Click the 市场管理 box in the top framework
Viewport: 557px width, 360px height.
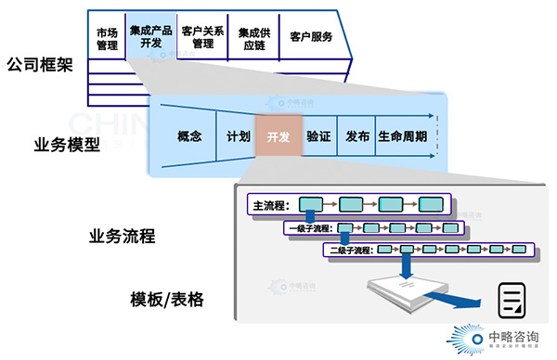(x=107, y=36)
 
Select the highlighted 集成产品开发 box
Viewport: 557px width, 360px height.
(x=151, y=36)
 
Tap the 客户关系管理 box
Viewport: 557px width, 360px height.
(x=203, y=36)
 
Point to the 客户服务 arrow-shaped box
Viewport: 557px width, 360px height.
(x=311, y=37)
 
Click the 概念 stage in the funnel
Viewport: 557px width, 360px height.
(x=189, y=136)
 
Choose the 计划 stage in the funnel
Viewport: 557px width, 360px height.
(x=239, y=136)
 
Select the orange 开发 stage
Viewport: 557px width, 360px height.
(x=278, y=136)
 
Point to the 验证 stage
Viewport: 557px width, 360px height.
(x=318, y=136)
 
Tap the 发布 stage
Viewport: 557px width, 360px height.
(x=357, y=136)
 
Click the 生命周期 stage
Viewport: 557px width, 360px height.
(x=403, y=136)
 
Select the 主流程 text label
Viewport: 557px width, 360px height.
(x=271, y=204)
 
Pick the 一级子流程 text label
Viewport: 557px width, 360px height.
(x=310, y=227)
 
